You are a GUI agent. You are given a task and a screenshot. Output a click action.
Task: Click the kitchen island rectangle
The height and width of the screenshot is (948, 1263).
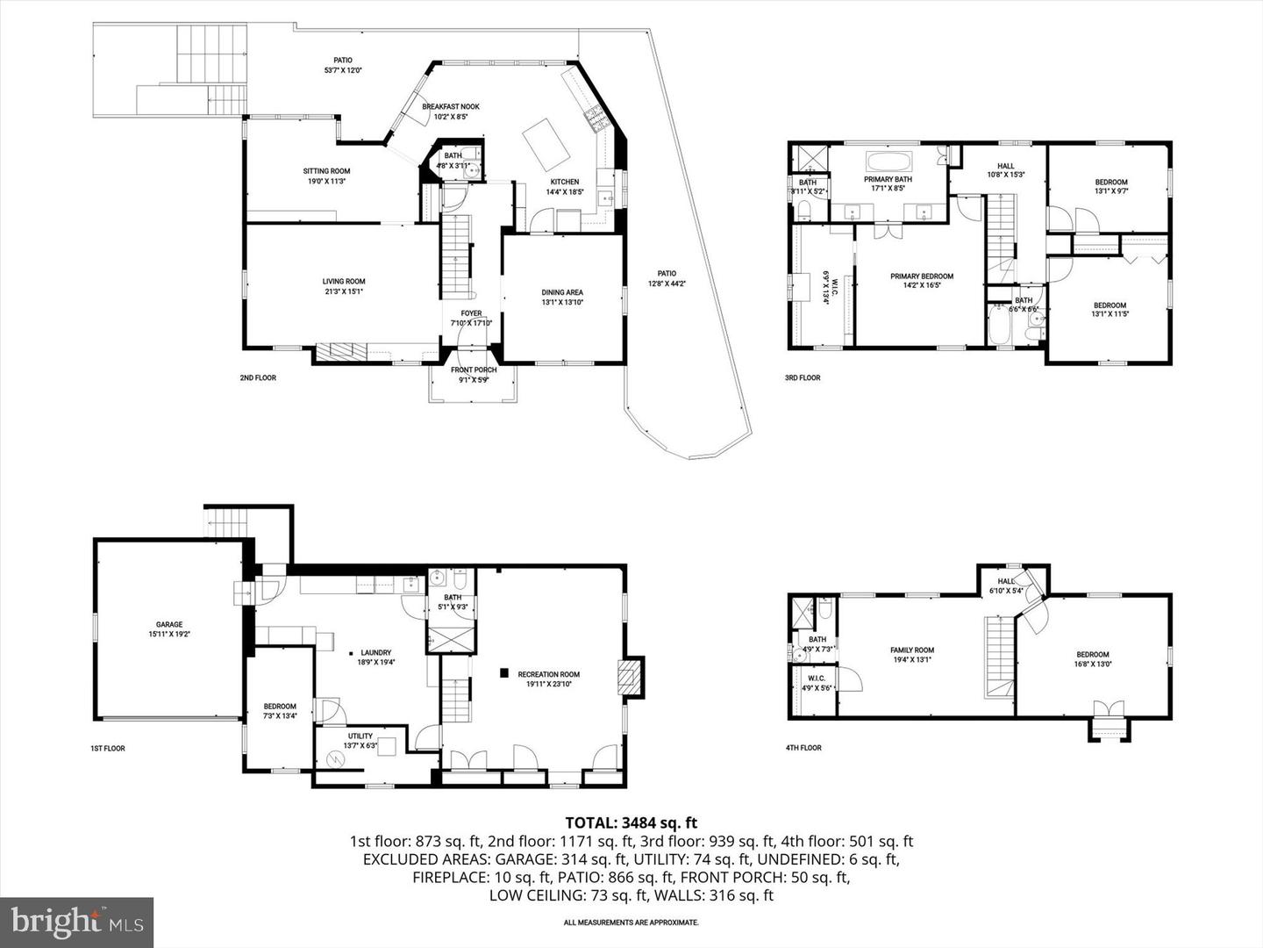pos(547,144)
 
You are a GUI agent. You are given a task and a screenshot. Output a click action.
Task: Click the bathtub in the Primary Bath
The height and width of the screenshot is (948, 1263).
pos(888,163)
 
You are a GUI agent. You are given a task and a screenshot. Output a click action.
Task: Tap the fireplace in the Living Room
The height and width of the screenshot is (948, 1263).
pos(338,352)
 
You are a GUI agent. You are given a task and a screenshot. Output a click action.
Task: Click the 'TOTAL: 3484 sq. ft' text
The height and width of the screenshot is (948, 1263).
pos(631,822)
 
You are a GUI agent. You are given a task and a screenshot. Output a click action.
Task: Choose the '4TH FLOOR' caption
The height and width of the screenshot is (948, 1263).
pos(803,748)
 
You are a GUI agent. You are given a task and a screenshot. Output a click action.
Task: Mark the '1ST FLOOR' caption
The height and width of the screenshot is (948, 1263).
pos(108,749)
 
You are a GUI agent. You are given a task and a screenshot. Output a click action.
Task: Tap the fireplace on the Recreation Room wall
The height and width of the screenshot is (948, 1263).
pos(630,677)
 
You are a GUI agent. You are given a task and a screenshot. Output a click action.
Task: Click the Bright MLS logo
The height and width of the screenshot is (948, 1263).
pos(77,922)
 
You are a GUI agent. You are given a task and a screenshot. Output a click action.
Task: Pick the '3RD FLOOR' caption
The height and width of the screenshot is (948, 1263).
pos(803,377)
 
